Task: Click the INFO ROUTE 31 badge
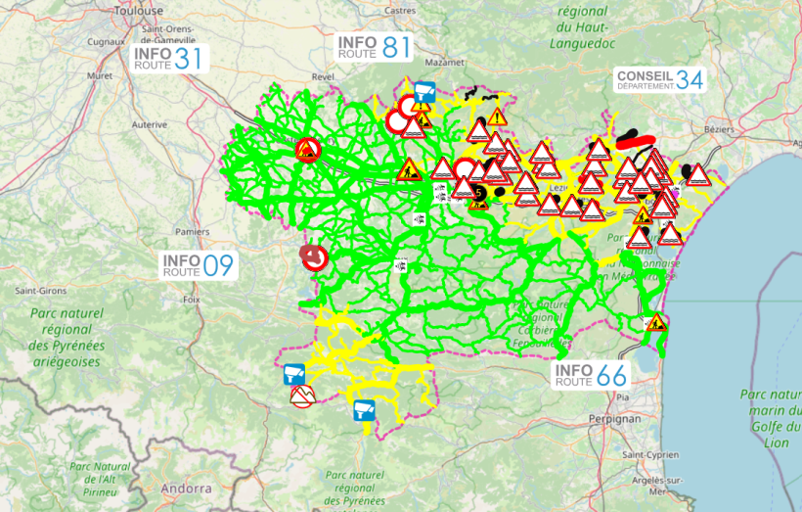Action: point(170,59)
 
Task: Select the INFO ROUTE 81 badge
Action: point(375,48)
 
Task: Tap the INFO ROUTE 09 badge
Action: point(199,265)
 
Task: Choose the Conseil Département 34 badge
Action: point(659,80)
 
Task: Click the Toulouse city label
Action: point(138,10)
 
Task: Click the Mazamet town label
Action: point(444,61)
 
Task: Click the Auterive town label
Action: point(150,124)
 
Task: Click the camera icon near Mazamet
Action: point(423,92)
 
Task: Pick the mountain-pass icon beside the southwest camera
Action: point(302,396)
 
